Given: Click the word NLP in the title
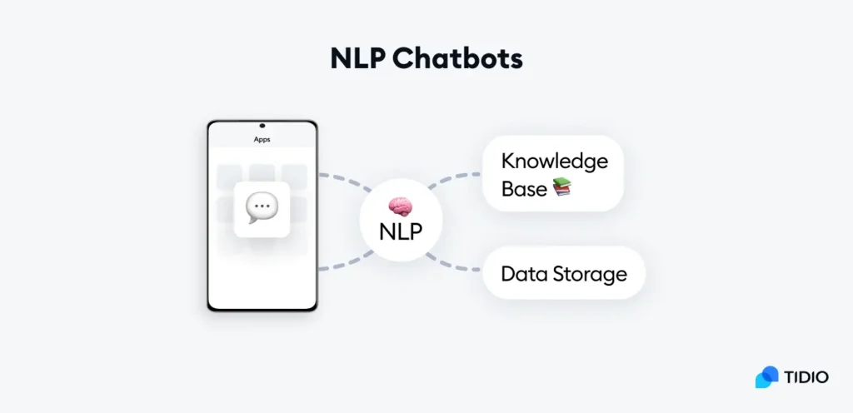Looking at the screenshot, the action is [357, 58].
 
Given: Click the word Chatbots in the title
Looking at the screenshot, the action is [457, 58].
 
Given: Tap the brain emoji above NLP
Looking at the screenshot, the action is [401, 207].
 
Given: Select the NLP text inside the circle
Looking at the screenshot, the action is [401, 232].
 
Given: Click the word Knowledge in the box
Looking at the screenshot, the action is [554, 162].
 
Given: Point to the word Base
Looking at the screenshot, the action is [524, 188].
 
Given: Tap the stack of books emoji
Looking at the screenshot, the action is [562, 187].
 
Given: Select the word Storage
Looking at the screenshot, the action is [590, 275].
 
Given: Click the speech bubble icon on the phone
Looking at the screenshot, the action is [262, 208].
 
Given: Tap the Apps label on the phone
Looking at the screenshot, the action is [262, 140].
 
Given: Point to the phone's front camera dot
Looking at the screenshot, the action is [262, 126].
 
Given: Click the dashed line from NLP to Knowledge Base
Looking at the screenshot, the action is [453, 177].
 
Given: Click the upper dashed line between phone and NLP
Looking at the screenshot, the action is [346, 180].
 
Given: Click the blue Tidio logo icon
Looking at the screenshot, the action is [766, 377].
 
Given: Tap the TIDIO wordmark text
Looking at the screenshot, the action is [806, 377].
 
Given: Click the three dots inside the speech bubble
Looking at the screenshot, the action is [262, 207].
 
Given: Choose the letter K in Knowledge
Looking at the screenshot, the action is [508, 161].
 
